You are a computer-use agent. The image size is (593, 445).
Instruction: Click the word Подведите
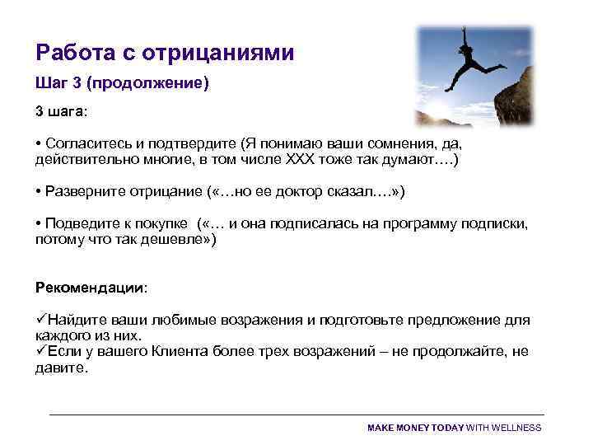pyautogui.click(x=81, y=224)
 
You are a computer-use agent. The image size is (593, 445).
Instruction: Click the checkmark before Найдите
pyautogui.click(x=40, y=320)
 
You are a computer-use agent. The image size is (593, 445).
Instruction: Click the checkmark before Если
pyautogui.click(x=40, y=351)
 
